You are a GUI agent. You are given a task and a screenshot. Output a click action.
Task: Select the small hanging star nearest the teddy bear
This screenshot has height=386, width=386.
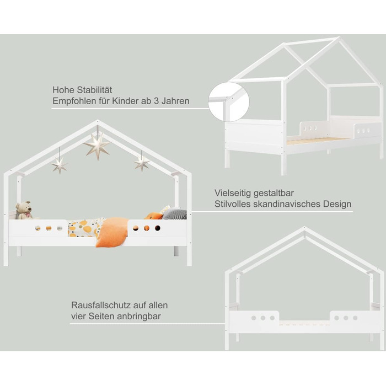60,165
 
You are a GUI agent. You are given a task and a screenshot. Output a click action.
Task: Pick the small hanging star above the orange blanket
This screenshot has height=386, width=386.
142,163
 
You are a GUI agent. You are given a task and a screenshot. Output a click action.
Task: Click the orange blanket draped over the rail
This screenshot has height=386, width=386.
112,232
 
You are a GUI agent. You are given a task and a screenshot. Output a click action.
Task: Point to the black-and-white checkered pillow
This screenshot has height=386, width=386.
174,214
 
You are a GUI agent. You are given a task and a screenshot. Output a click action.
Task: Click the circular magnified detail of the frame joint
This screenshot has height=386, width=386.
229,102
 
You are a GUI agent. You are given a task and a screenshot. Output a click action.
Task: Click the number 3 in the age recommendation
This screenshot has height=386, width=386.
156,101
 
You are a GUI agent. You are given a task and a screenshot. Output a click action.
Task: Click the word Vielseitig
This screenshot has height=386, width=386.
233,193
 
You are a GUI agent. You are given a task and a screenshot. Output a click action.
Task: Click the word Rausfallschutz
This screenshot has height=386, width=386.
101,305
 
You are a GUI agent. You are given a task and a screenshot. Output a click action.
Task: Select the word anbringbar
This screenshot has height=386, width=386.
139,317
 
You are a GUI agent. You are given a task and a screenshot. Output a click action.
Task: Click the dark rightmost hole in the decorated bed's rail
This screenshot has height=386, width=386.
158,228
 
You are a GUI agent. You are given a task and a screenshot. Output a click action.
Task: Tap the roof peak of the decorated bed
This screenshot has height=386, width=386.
98,121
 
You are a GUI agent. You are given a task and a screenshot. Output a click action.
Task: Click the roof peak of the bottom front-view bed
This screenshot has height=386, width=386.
304,228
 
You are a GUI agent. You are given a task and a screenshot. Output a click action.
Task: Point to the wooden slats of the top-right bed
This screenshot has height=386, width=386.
318,141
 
